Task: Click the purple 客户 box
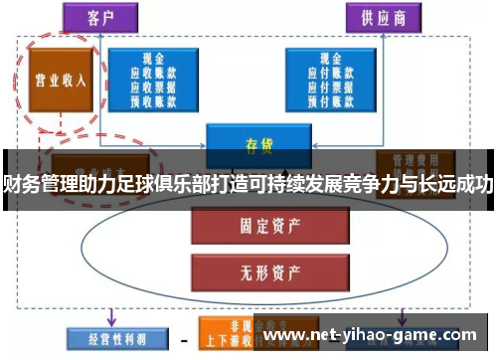[99, 16]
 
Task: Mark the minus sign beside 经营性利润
[181, 337]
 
